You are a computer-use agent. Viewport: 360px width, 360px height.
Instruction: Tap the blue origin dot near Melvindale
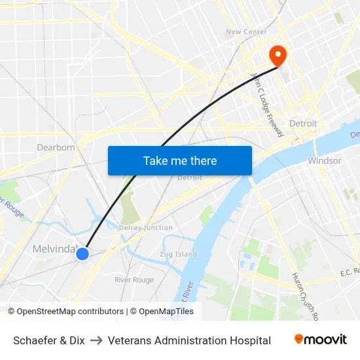click(82, 253)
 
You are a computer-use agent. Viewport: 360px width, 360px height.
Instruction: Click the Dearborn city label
click(56, 147)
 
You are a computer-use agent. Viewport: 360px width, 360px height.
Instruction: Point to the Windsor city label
click(324, 160)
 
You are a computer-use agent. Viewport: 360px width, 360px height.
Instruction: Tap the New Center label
click(246, 31)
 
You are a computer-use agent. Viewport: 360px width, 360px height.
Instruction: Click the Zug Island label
click(178, 254)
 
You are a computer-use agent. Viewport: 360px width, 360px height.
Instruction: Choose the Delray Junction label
click(146, 228)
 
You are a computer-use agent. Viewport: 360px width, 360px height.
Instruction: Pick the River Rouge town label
click(134, 280)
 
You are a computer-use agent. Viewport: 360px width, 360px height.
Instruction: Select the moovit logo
click(321, 340)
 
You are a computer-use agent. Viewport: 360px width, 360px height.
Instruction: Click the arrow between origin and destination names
click(96, 340)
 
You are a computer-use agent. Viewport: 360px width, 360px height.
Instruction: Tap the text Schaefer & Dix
click(49, 340)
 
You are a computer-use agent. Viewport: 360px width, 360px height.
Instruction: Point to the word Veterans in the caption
click(129, 340)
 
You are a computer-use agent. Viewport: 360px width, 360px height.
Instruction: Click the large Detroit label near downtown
click(303, 124)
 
